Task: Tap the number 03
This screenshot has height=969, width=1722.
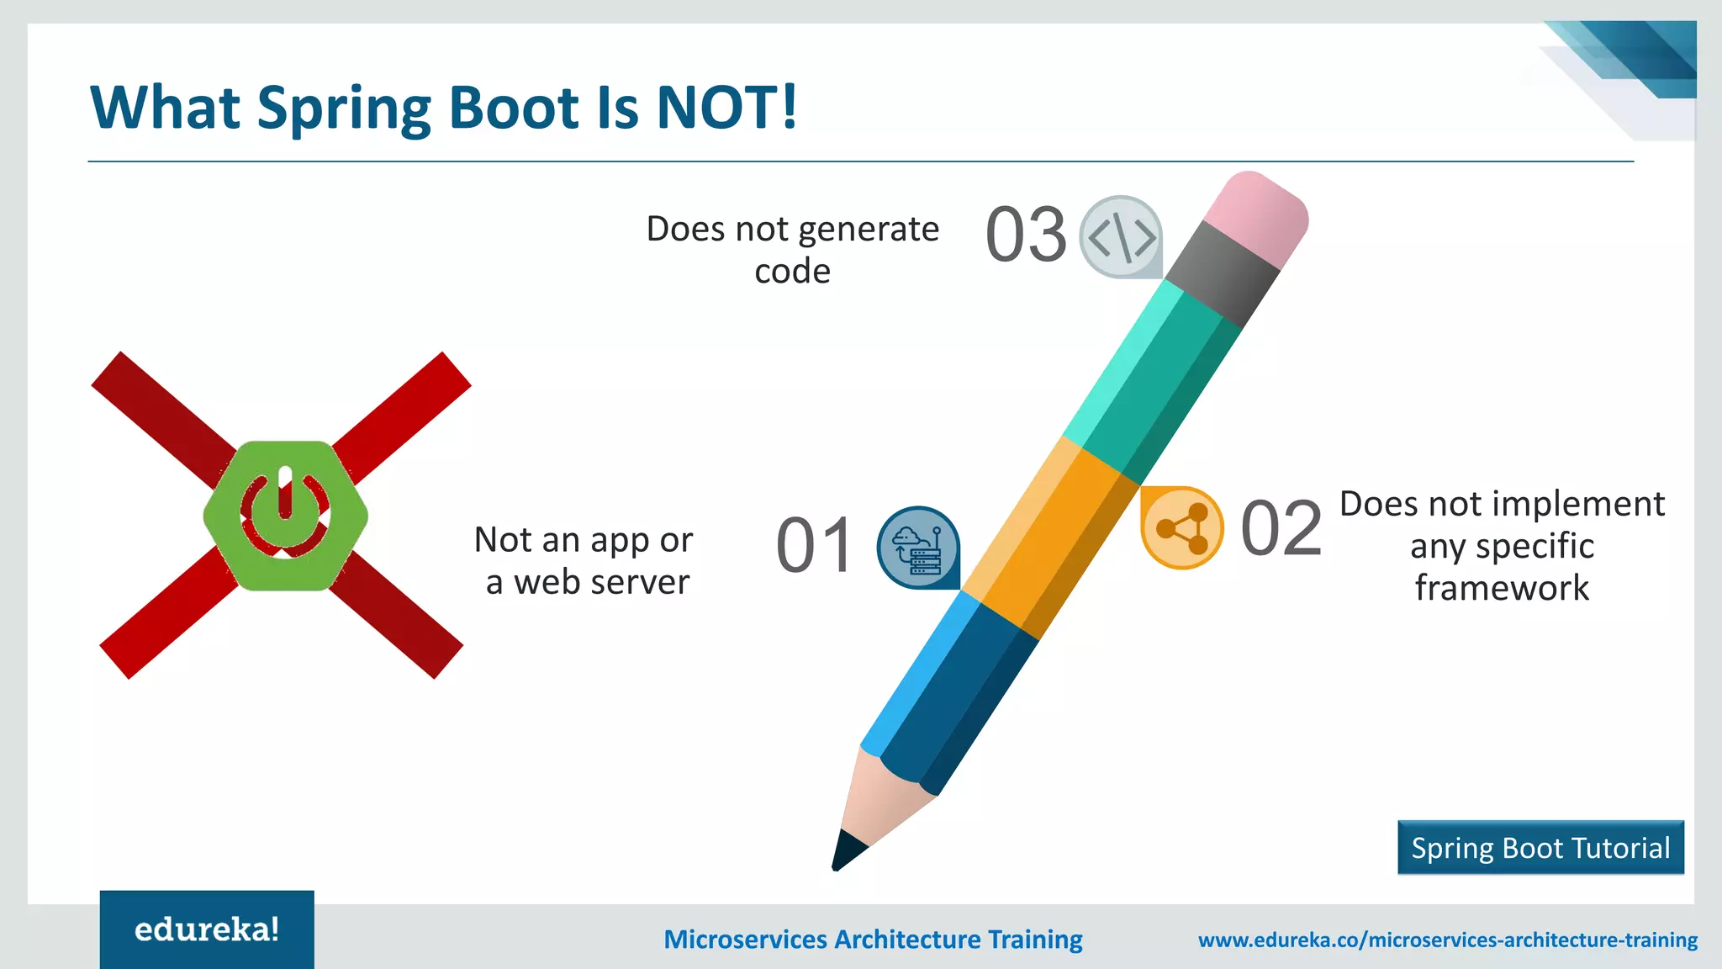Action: click(x=1026, y=236)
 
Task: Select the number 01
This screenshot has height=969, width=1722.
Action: click(x=814, y=547)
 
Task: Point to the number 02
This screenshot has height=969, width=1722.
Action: click(x=1281, y=529)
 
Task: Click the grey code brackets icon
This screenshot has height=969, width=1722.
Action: click(x=1121, y=237)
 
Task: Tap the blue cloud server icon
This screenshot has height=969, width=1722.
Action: click(x=917, y=547)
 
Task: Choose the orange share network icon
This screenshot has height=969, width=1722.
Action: click(x=1181, y=528)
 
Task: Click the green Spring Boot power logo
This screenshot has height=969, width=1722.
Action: click(x=285, y=516)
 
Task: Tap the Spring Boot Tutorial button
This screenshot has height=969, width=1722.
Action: click(x=1540, y=848)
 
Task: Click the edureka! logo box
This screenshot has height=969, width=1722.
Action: click(x=207, y=929)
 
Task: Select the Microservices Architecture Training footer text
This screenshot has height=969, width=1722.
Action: click(x=873, y=940)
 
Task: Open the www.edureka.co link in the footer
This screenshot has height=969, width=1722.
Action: click(x=1447, y=940)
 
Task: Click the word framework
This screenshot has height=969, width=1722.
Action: click(x=1502, y=588)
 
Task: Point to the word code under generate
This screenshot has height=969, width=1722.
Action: click(x=792, y=272)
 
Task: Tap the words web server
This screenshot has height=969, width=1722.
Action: click(x=601, y=582)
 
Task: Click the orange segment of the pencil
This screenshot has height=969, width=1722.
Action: click(x=1051, y=538)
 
